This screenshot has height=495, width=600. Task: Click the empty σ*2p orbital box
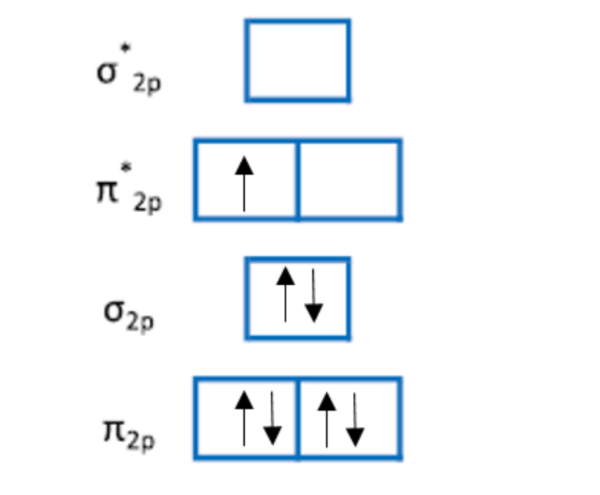point(298,61)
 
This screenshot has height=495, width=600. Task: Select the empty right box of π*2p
point(349,180)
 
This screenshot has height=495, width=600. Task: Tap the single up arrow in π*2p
point(244,184)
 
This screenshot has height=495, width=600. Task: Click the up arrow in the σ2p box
point(285,294)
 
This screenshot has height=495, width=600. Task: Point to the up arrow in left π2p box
point(244,418)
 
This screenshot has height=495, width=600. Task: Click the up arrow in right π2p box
point(327,418)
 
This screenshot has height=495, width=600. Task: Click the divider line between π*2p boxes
point(298,180)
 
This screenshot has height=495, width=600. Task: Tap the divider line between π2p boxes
point(298,418)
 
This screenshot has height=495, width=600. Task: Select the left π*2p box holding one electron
point(246,180)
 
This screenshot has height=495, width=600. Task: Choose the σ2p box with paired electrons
point(298,299)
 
